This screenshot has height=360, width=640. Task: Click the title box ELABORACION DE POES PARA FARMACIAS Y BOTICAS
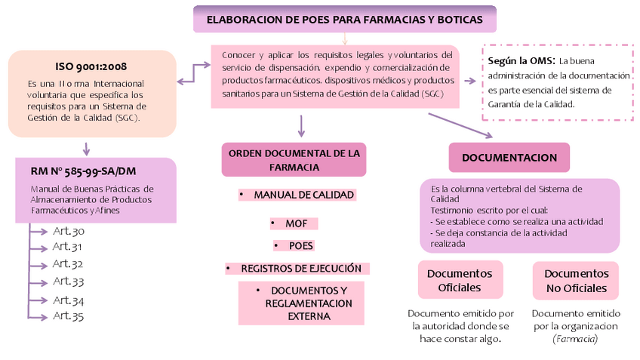tap(345, 19)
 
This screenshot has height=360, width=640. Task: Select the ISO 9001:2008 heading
tap(91, 66)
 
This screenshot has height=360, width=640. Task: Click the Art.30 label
tap(68, 231)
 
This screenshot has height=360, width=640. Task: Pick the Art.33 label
tap(68, 281)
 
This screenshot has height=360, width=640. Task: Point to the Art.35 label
tap(68, 315)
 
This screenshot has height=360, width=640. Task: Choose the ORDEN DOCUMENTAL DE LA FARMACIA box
tap(294, 159)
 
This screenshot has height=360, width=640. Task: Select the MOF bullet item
tap(295, 223)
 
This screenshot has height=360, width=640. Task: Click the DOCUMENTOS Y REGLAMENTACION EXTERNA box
tap(301, 303)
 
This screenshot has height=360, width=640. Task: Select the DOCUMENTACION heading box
tap(509, 157)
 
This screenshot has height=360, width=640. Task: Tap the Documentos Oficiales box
tap(460, 280)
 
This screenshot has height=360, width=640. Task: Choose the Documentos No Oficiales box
tap(576, 280)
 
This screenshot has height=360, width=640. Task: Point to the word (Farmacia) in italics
tap(575, 339)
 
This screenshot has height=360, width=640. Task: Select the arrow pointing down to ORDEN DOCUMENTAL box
tap(301, 125)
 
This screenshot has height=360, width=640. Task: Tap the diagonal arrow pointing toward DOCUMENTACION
tap(460, 125)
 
